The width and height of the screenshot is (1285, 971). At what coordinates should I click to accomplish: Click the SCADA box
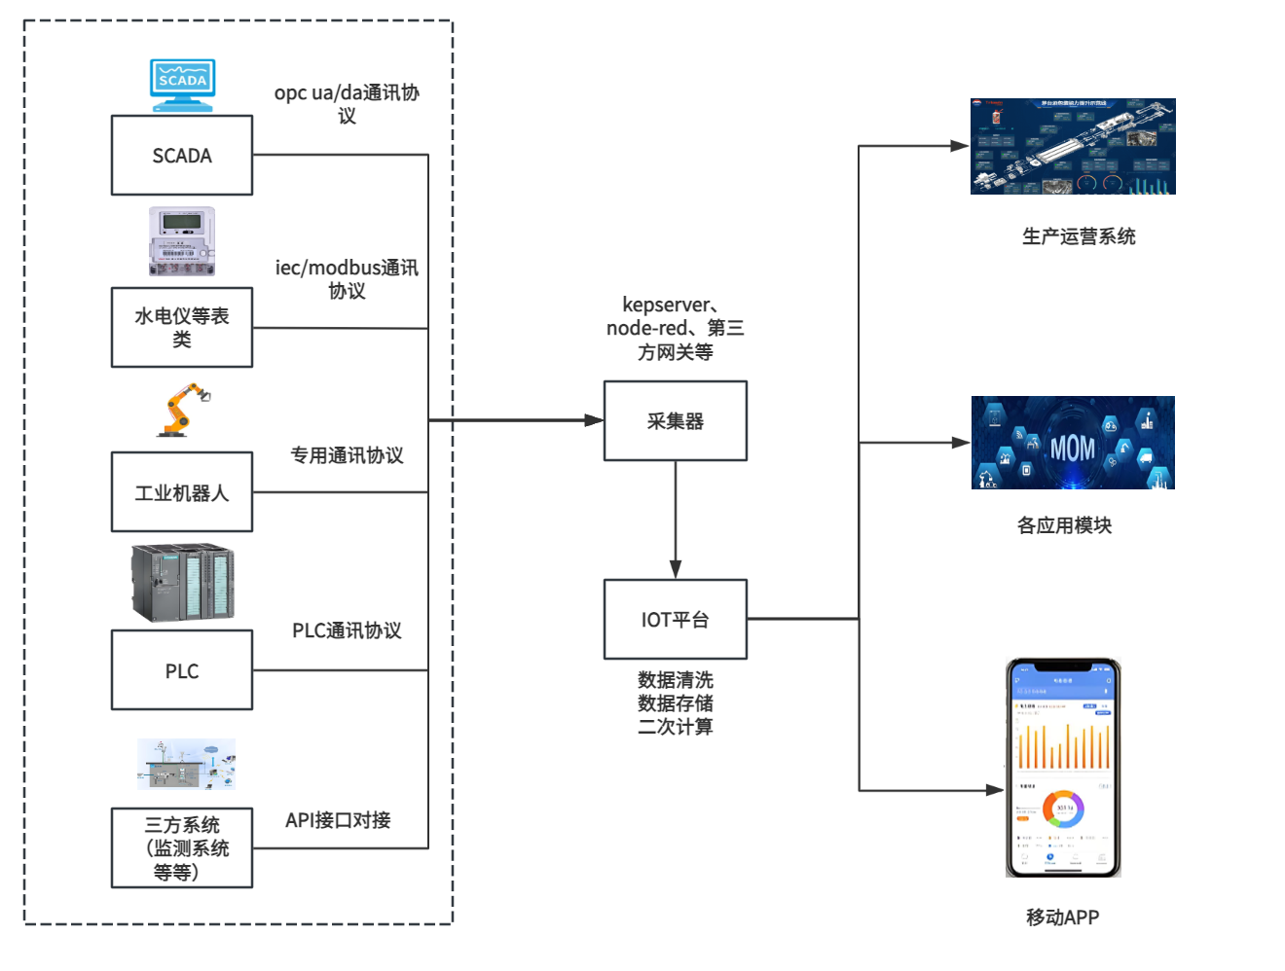182,156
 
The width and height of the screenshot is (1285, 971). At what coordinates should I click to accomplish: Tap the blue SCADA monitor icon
182,85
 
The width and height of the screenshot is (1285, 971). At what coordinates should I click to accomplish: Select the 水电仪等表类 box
182,327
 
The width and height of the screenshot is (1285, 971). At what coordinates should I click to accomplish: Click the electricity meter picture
182,241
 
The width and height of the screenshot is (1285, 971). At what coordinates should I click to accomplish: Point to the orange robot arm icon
183,410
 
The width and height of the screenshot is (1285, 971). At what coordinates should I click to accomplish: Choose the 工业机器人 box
182,492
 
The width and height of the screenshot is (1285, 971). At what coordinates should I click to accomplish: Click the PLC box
182,670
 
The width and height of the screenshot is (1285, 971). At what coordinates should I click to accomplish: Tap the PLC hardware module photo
183,583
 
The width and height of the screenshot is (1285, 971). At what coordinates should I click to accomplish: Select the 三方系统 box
182,847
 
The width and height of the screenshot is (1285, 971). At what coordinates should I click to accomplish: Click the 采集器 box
675,420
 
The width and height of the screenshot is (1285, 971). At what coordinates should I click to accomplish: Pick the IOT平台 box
675,620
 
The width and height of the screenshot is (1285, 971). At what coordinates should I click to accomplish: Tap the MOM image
1073,443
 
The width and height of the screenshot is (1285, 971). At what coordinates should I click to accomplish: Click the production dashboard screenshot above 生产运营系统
1073,146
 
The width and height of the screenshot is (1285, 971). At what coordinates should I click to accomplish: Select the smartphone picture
1063,768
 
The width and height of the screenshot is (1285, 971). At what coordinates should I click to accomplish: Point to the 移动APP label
1062,917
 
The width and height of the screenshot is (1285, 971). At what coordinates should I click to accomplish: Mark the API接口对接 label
338,820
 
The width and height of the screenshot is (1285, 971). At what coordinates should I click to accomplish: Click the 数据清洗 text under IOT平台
676,680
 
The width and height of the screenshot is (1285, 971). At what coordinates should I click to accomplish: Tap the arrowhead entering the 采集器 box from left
594,420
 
